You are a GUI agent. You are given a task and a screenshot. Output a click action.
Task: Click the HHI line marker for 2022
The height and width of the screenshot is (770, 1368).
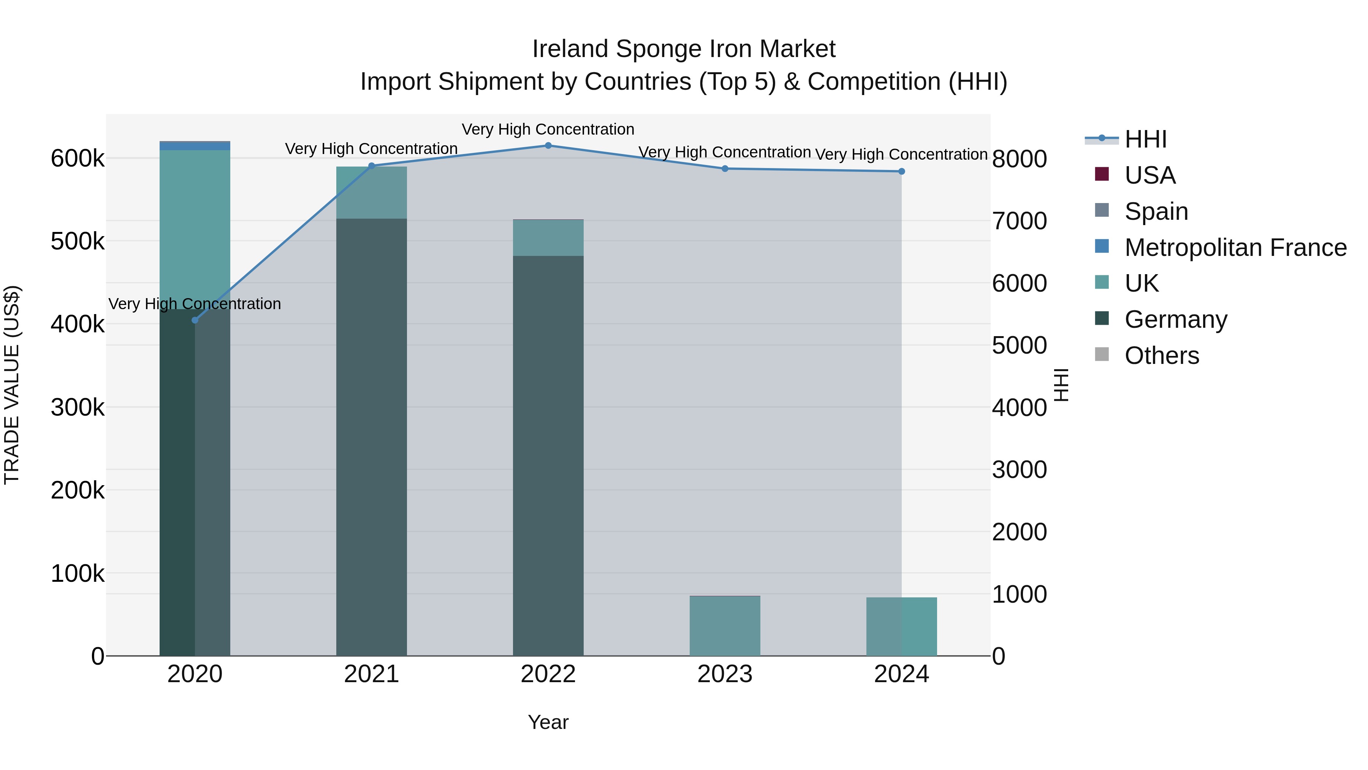point(548,146)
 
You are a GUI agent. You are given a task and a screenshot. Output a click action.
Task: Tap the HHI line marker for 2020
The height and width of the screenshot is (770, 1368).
point(195,320)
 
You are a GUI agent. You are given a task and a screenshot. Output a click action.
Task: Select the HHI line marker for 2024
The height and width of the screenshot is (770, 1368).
point(901,171)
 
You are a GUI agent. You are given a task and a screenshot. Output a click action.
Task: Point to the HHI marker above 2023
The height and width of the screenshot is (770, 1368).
point(725,168)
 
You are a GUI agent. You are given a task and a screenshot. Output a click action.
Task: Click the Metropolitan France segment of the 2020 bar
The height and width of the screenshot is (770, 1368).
point(195,146)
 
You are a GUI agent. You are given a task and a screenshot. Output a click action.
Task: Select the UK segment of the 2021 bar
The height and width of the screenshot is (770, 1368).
point(371,192)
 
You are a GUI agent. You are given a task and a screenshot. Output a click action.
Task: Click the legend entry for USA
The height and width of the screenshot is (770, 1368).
point(1150,175)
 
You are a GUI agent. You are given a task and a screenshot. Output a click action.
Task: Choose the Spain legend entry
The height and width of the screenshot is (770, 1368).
point(1156,211)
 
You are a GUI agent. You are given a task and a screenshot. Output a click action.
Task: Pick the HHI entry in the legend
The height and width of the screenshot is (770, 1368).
point(1145,139)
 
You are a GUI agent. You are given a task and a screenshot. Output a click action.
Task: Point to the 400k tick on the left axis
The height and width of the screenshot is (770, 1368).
point(78,324)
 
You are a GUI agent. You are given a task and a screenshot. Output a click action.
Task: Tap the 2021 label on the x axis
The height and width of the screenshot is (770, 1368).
point(371,674)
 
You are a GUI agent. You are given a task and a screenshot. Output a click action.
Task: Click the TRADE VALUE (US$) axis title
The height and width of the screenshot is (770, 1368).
point(12,385)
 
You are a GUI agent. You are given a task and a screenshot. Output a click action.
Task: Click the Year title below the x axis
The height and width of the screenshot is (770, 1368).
point(548,722)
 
